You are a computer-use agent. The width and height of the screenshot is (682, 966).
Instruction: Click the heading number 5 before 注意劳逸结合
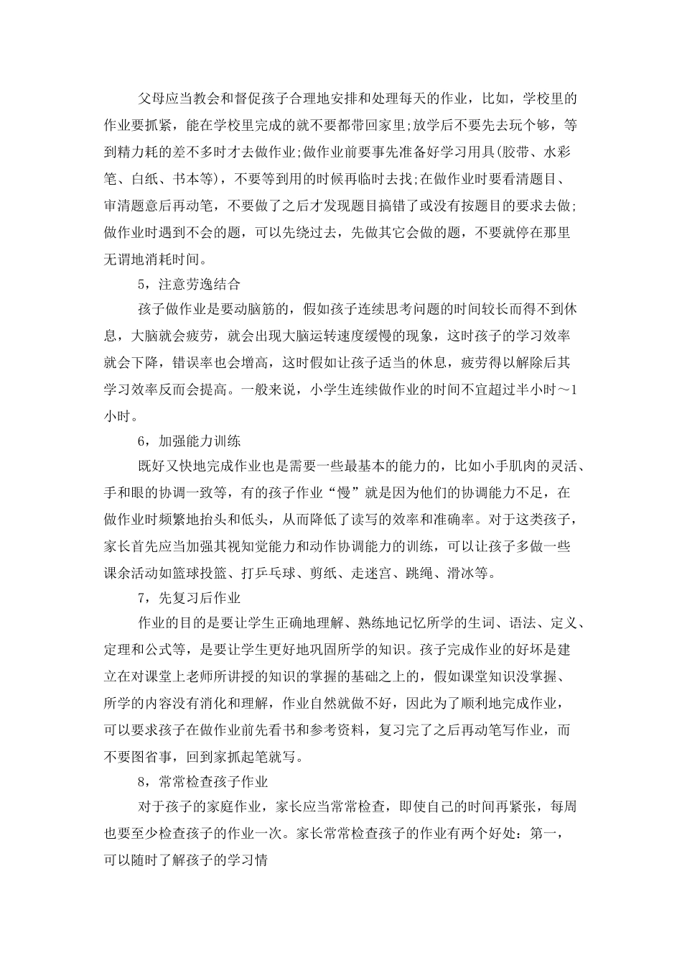142,284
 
